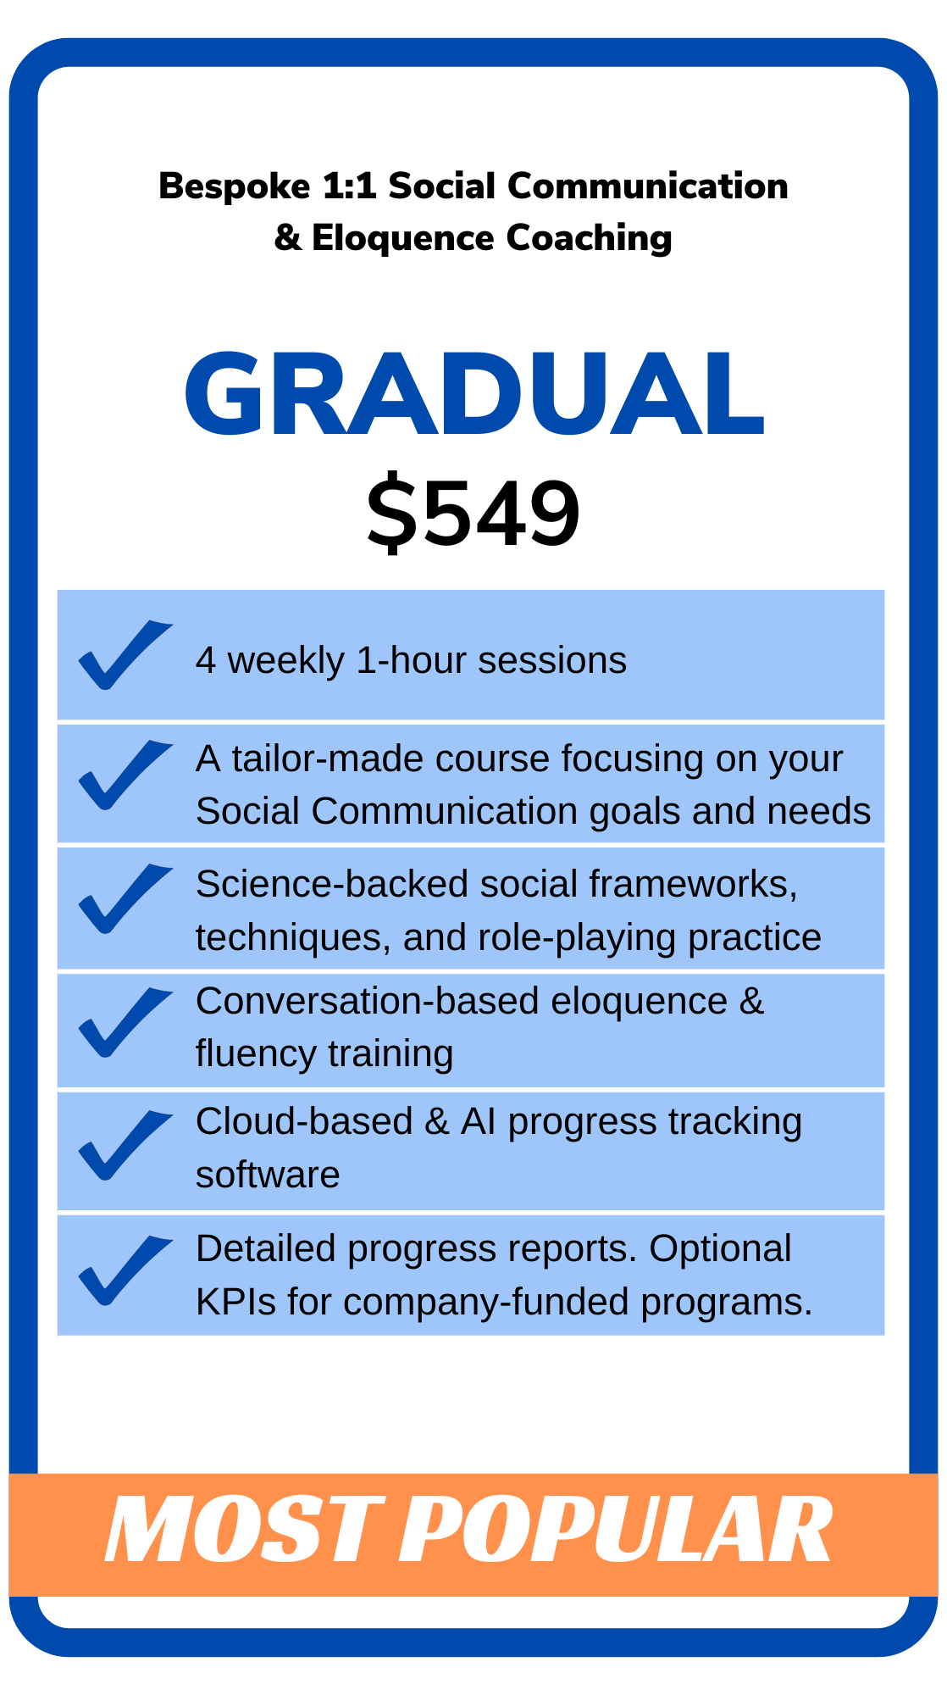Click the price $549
[474, 514]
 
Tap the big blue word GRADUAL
[474, 394]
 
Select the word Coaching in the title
[589, 238]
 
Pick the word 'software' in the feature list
[268, 1175]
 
